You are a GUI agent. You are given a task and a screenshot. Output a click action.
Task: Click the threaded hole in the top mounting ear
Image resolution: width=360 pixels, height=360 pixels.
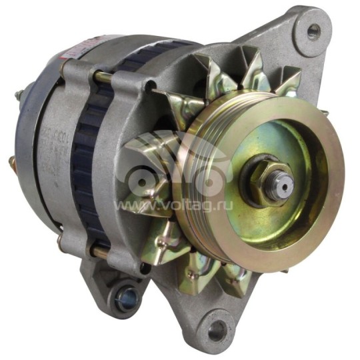[314, 31]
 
